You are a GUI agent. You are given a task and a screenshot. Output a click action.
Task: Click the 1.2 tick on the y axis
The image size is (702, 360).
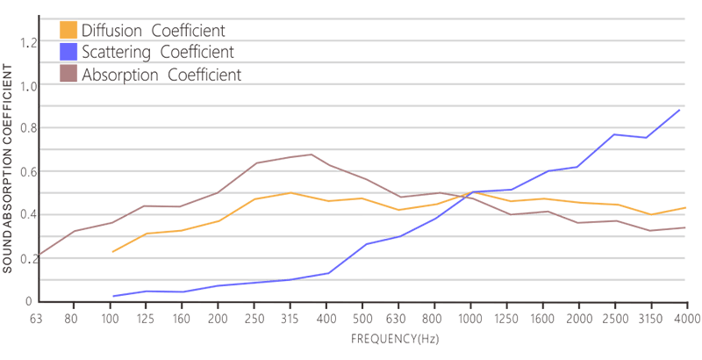[30, 42]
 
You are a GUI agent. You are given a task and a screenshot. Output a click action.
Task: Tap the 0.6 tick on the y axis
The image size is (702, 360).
[30, 171]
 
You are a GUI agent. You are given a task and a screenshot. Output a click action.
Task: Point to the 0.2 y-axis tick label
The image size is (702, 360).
[30, 257]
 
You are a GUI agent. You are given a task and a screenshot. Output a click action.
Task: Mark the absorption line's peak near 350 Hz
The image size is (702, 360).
[311, 155]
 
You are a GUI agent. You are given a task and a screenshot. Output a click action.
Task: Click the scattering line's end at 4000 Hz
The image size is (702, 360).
[681, 109]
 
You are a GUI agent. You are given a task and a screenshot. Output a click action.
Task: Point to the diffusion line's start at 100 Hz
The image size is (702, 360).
[112, 252]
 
